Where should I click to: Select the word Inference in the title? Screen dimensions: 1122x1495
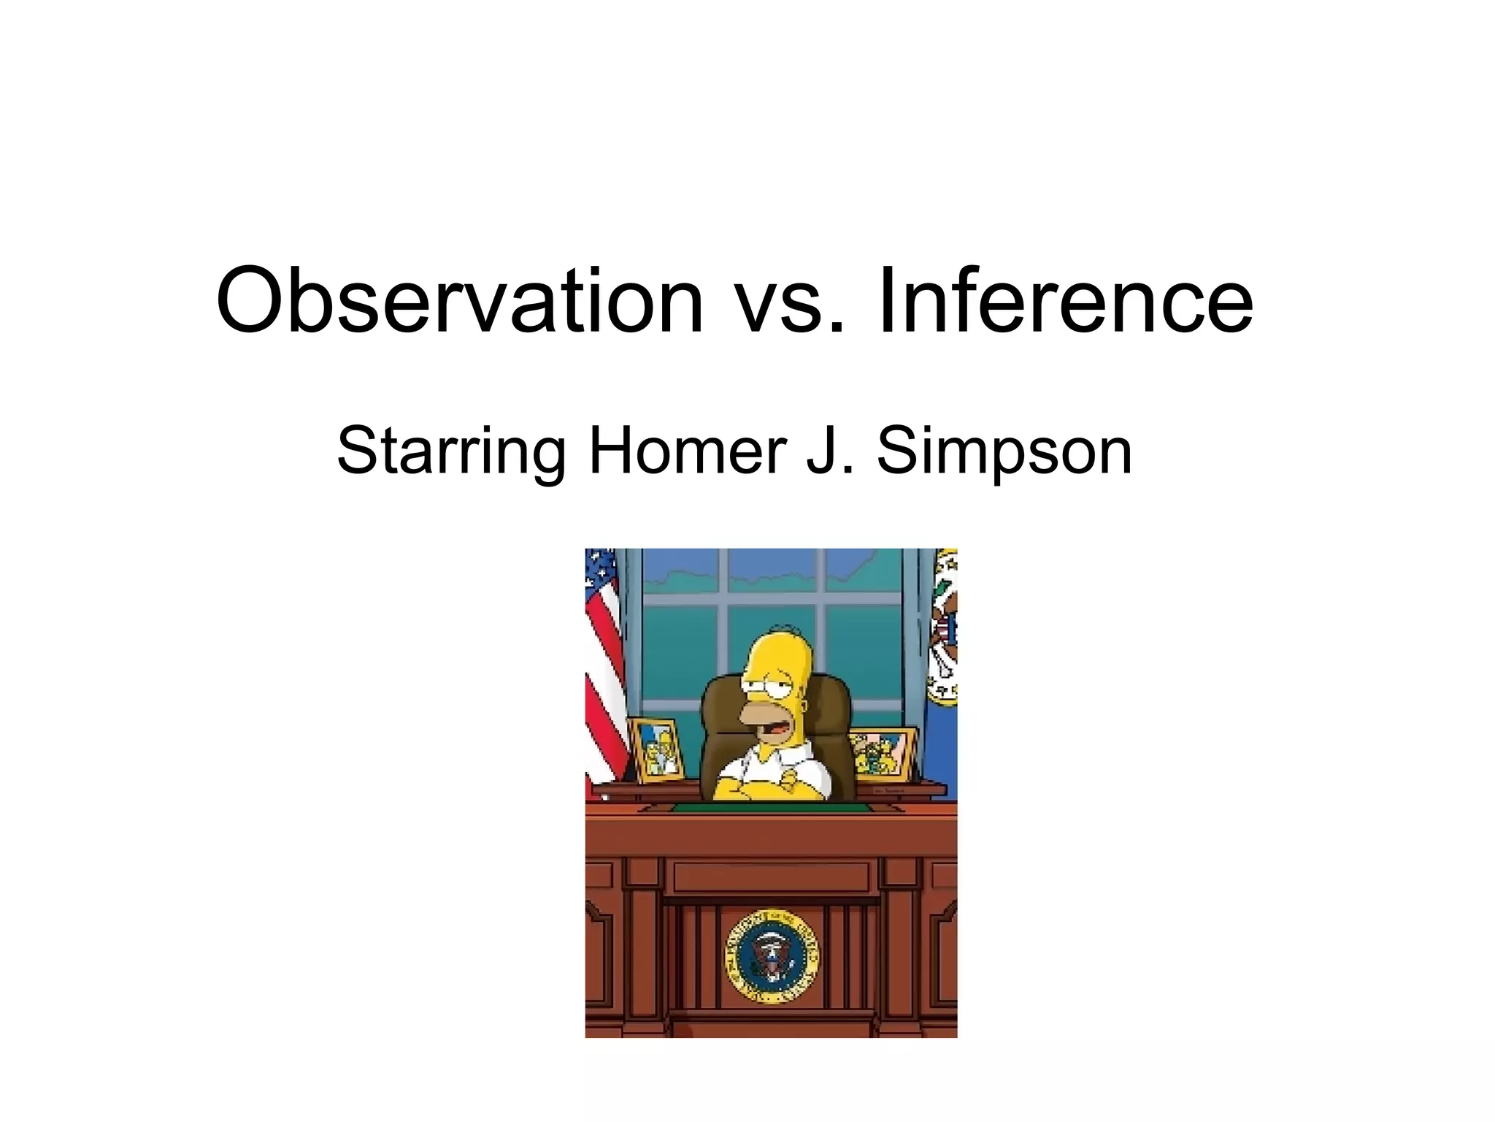click(x=1066, y=301)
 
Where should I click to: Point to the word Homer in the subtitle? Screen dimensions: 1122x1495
click(x=686, y=450)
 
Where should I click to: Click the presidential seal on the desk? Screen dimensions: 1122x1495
click(x=771, y=956)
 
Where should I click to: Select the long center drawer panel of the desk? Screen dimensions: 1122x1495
click(x=771, y=877)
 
